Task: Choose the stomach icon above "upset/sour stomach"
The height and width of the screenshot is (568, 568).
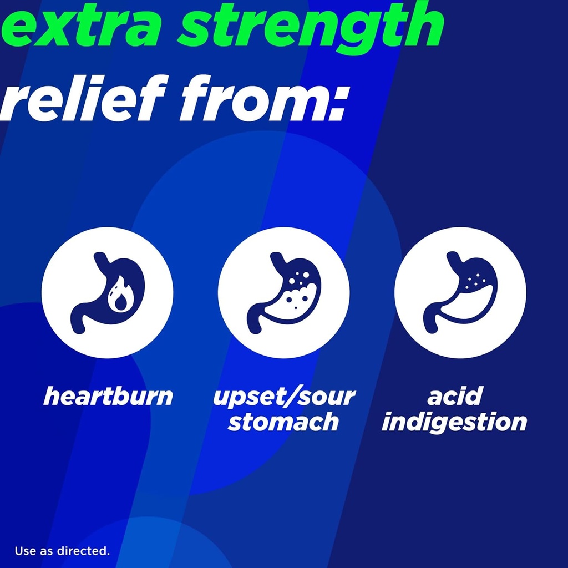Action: pyautogui.click(x=283, y=293)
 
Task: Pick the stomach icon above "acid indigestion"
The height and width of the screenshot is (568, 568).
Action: pyautogui.click(x=460, y=293)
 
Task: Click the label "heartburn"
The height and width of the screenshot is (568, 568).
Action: pyautogui.click(x=108, y=397)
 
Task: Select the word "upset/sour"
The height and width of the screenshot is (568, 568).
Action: pyautogui.click(x=283, y=397)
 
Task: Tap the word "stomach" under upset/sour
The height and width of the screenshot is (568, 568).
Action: pyautogui.click(x=283, y=422)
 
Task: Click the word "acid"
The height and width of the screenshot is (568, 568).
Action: pyautogui.click(x=454, y=397)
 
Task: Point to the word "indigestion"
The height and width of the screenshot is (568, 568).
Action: pyautogui.click(x=454, y=422)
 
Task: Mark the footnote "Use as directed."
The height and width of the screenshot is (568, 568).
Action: pyautogui.click(x=62, y=551)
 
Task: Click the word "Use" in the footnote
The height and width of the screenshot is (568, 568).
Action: pyautogui.click(x=24, y=551)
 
